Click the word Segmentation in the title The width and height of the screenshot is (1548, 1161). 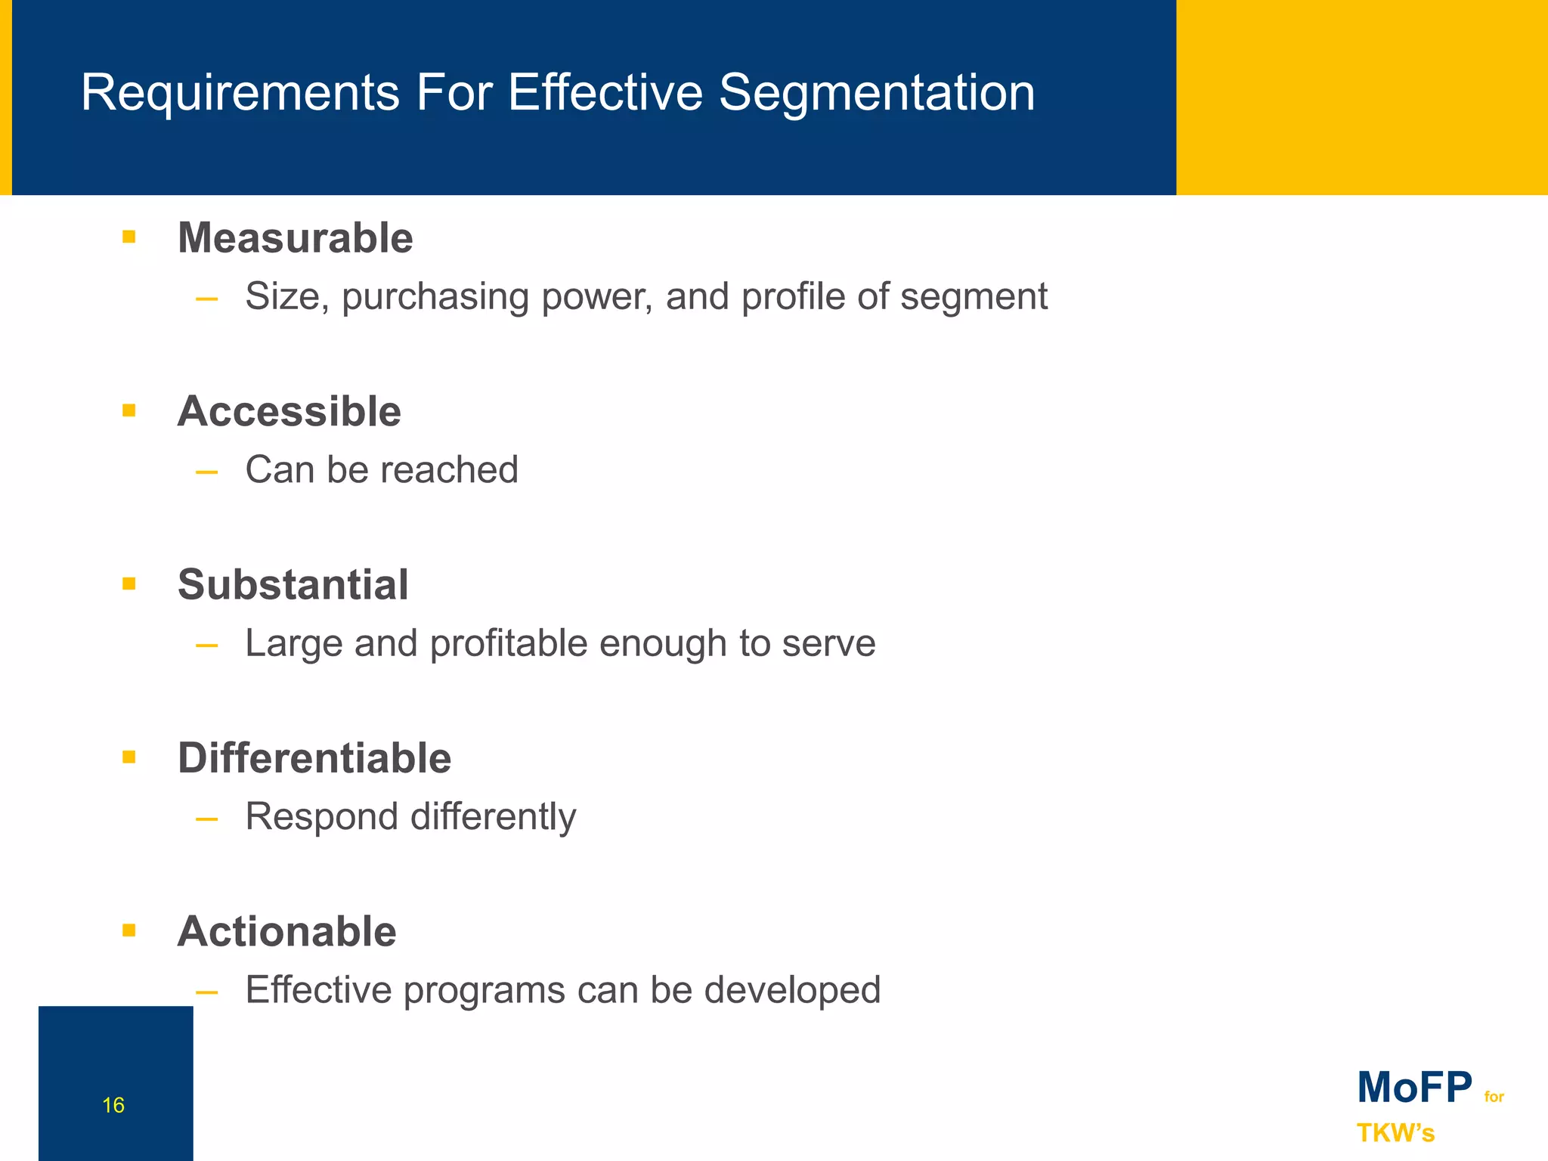point(876,94)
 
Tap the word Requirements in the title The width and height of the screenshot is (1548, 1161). point(240,94)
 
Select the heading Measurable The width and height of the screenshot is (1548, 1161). point(295,238)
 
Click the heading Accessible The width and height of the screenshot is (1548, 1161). point(289,411)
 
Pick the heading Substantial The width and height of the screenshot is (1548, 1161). point(293,584)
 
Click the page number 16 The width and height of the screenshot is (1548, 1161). point(113,1105)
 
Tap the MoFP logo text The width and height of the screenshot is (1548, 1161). point(1414,1088)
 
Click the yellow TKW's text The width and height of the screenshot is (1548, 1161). point(1395,1133)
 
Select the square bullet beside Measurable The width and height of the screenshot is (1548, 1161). point(129,237)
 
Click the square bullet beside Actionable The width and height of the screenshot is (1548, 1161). point(129,930)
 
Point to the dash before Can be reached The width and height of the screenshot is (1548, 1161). point(206,472)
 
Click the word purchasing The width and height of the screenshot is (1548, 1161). point(435,297)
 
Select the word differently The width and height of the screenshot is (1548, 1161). point(493,817)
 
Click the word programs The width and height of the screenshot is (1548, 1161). point(484,991)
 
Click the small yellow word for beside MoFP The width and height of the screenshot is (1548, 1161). point(1494,1097)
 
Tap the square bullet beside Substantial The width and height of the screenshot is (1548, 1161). point(129,584)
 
